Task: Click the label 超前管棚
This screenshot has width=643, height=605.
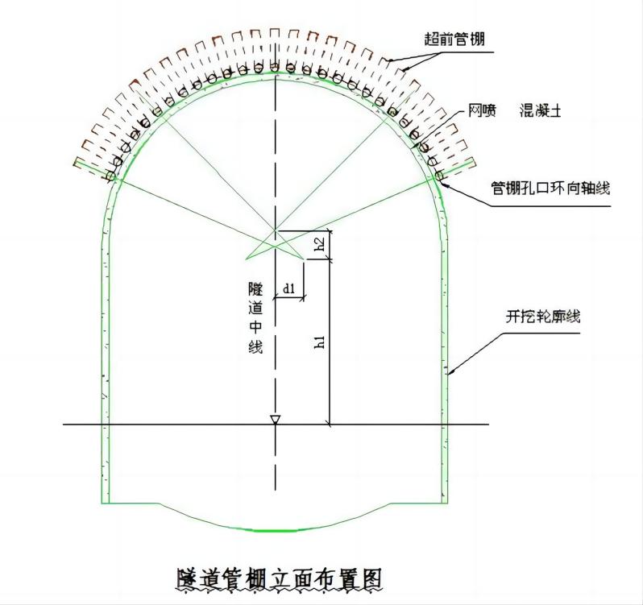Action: click(x=454, y=39)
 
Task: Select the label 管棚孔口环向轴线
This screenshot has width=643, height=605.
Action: click(x=550, y=188)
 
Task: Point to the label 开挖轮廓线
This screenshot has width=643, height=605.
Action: click(x=543, y=317)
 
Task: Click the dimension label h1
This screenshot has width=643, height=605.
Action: click(x=320, y=342)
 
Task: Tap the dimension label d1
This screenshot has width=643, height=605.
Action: click(x=289, y=287)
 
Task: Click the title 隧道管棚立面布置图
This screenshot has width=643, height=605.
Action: click(x=277, y=578)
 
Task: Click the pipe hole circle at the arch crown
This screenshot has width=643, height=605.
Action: click(x=275, y=67)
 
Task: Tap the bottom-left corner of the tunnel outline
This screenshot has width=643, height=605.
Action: click(x=102, y=503)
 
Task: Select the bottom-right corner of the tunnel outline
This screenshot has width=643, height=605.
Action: click(x=448, y=503)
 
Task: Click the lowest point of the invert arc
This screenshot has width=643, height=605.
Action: click(x=276, y=531)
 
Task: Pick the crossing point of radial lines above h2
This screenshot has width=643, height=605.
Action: click(x=276, y=230)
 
